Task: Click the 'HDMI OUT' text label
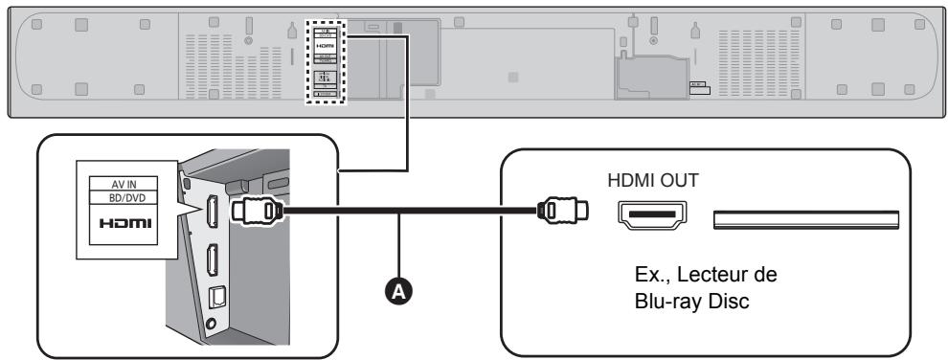click(x=652, y=179)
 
